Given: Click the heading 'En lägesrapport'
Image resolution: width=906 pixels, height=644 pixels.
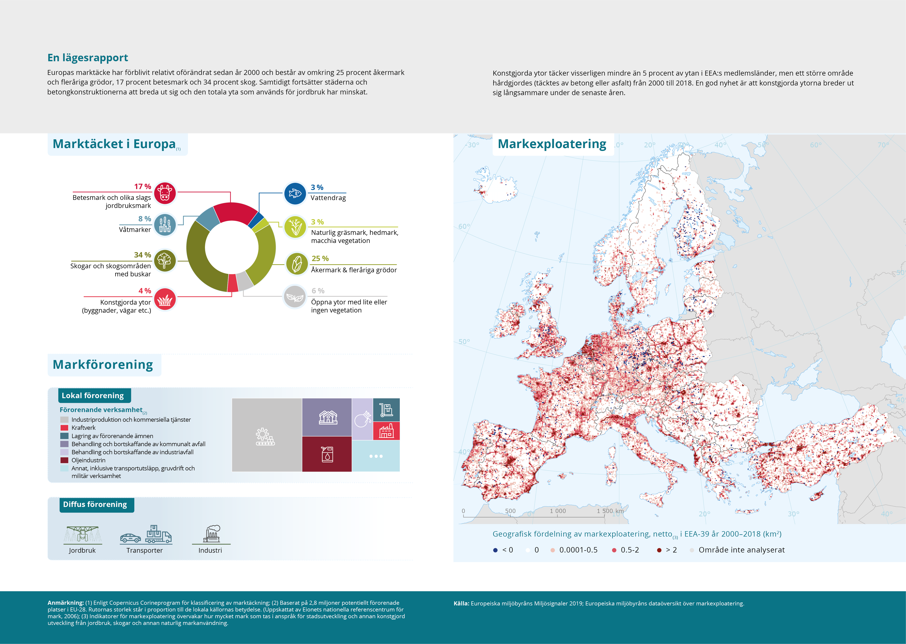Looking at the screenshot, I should tap(88, 58).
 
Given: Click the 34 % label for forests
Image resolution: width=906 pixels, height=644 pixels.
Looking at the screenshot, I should tap(142, 255).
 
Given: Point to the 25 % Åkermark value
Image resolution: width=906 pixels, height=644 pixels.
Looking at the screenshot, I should tap(320, 259).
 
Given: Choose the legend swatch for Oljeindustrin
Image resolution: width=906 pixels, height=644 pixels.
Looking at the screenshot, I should tap(64, 460).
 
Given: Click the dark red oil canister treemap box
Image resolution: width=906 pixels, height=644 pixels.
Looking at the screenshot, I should tap(327, 454).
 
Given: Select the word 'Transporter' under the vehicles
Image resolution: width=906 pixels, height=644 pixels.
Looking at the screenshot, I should tap(144, 550).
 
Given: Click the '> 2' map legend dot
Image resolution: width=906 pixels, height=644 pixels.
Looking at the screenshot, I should tap(659, 550).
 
